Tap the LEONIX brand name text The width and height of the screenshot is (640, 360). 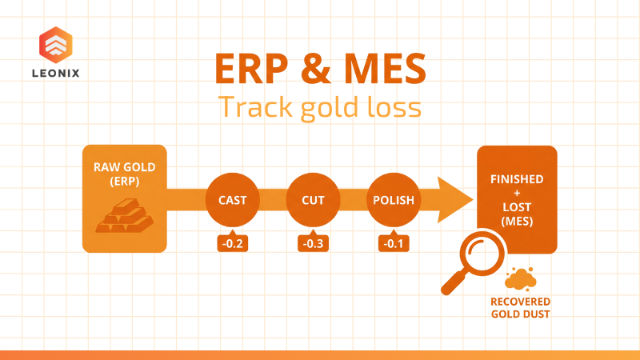coord(56,72)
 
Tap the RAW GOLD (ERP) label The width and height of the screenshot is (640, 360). coord(124,174)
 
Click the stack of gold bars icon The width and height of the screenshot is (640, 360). coord(123,214)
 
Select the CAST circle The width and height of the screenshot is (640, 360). coord(233,199)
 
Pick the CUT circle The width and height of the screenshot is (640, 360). coord(313,199)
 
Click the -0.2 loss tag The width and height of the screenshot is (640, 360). coord(233,242)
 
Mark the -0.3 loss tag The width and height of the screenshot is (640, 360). coord(313,242)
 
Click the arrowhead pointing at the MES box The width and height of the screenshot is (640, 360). coord(456,199)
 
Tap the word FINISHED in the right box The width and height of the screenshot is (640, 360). coord(517,179)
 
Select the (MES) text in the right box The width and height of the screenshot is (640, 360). coord(517,220)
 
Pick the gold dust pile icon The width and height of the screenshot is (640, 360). coord(521,278)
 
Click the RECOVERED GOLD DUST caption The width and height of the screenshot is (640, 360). coord(521,307)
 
